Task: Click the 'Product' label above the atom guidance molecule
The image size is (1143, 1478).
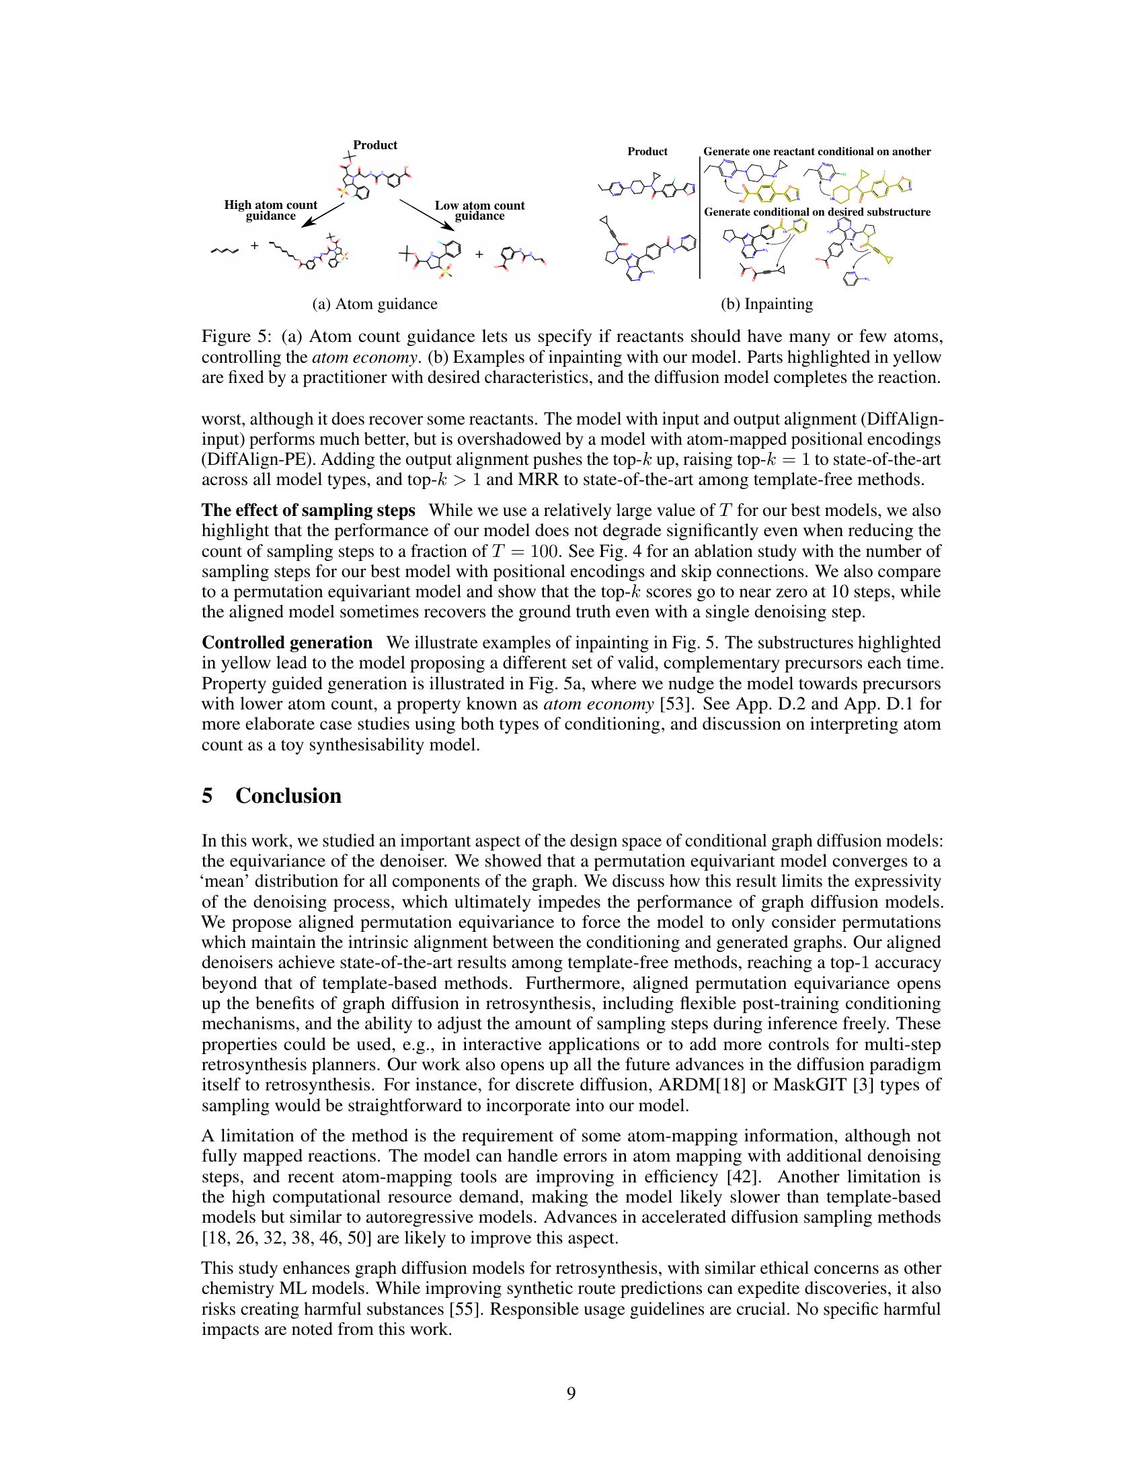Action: click(375, 145)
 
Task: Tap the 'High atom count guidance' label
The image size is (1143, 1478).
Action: click(271, 210)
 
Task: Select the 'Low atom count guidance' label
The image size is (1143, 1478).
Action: click(479, 210)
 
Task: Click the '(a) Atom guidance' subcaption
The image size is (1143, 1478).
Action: click(375, 304)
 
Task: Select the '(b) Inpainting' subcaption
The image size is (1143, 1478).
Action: click(766, 304)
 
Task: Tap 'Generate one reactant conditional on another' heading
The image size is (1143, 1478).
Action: click(817, 152)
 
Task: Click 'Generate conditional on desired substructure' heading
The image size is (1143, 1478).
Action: click(817, 212)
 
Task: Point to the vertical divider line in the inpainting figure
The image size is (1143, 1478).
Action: click(699, 216)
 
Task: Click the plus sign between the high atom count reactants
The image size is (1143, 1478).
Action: click(254, 246)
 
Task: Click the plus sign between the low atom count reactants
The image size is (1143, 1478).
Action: click(479, 255)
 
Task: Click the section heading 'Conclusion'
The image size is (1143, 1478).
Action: click(288, 796)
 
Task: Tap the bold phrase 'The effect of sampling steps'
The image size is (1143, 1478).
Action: click(308, 511)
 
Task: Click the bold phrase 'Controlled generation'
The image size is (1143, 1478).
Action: click(287, 642)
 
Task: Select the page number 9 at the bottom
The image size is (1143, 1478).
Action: click(571, 1393)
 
